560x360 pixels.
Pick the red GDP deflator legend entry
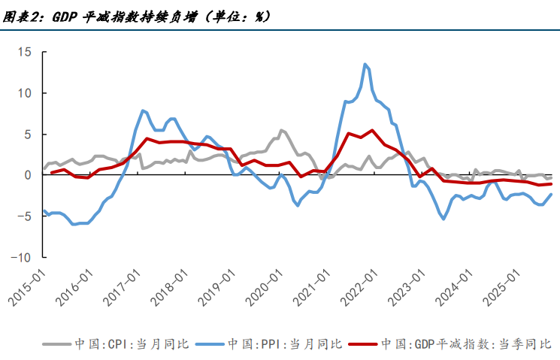coord(443,344)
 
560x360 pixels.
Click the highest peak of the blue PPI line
coord(365,64)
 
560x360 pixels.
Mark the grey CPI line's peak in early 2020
coord(281,130)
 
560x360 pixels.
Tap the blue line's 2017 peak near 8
coord(142,110)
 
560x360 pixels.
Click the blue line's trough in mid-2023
coord(443,219)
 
